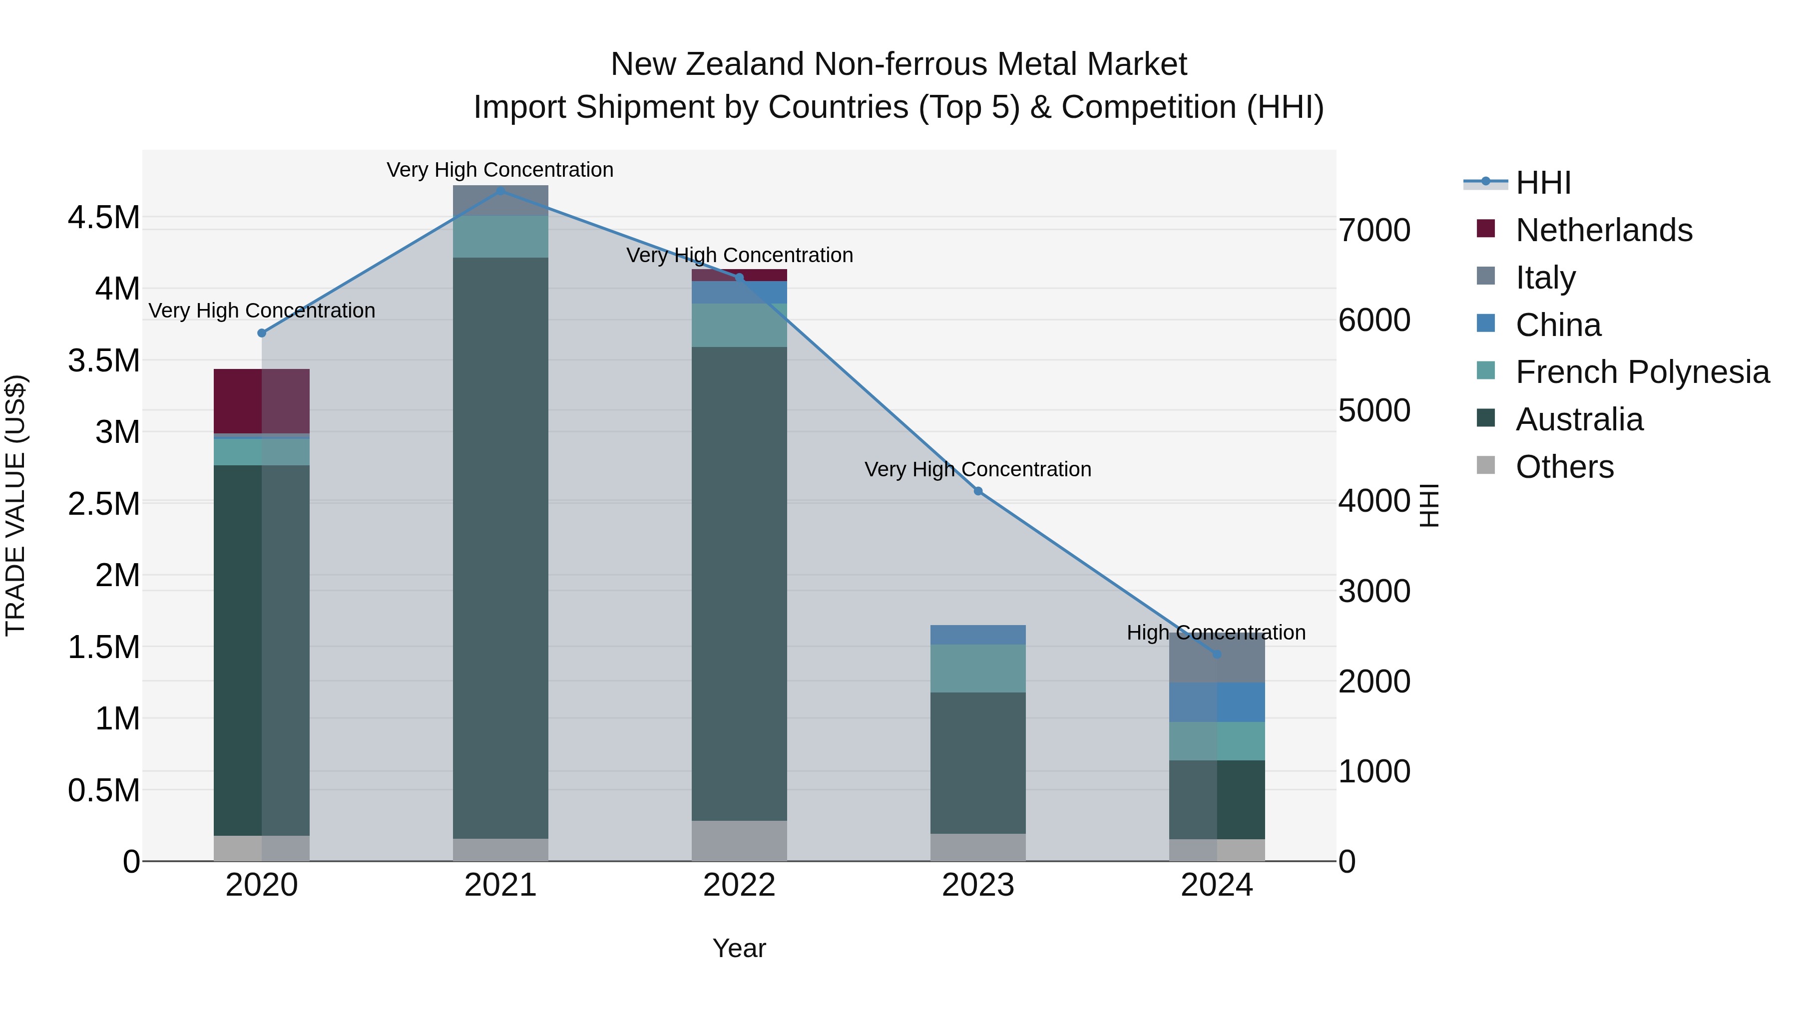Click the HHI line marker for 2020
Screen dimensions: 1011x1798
pyautogui.click(x=262, y=334)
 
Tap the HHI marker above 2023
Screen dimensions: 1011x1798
pyautogui.click(x=978, y=491)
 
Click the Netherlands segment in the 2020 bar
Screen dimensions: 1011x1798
pyautogui.click(x=261, y=401)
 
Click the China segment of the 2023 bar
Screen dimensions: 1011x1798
pyautogui.click(x=978, y=635)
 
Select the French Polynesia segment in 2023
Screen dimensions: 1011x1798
pyautogui.click(x=978, y=669)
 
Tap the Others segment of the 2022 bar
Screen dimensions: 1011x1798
pyautogui.click(x=739, y=841)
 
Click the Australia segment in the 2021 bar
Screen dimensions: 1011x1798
pyautogui.click(x=500, y=548)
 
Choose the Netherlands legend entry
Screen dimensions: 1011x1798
pyautogui.click(x=1603, y=230)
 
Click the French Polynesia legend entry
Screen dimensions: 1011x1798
pyautogui.click(x=1642, y=372)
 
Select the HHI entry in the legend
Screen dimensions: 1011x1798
pyautogui.click(x=1543, y=183)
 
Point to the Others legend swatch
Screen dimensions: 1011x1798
pyautogui.click(x=1486, y=465)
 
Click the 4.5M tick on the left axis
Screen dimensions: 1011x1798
pyautogui.click(x=103, y=218)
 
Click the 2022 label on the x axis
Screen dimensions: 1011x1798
pyautogui.click(x=739, y=885)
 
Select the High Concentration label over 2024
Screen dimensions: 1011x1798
pyautogui.click(x=1216, y=633)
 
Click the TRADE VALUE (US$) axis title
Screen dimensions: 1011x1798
pyautogui.click(x=15, y=505)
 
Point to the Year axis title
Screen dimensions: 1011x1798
pyautogui.click(x=739, y=948)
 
